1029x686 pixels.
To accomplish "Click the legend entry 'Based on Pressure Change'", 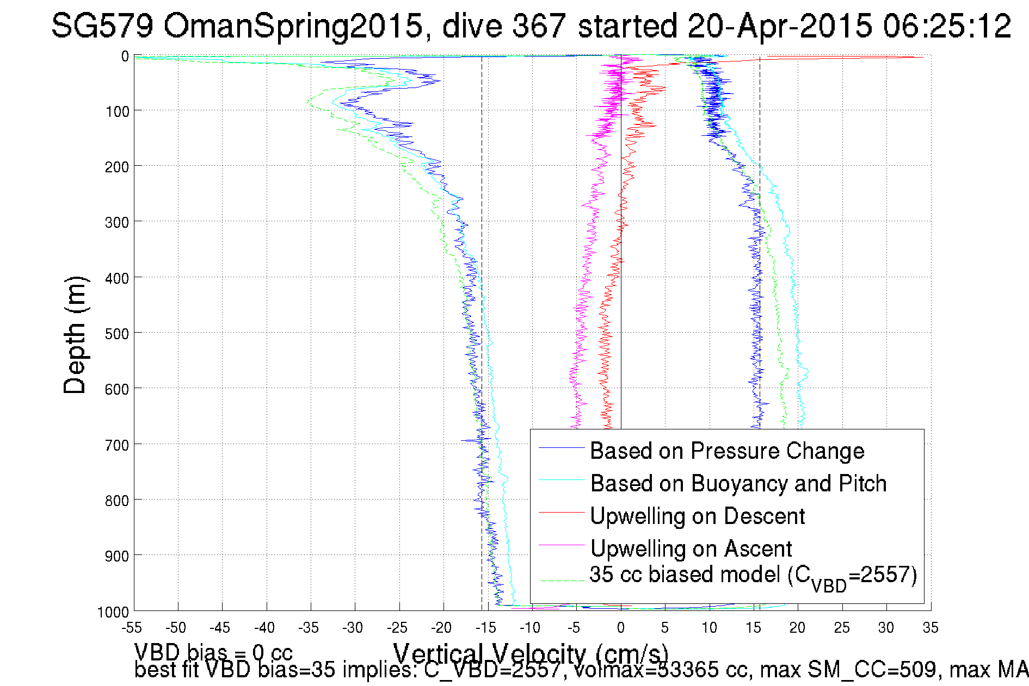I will pyautogui.click(x=727, y=451).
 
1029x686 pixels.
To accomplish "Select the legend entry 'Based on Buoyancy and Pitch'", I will pyautogui.click(x=738, y=483).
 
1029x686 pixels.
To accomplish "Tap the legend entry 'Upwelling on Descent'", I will pyautogui.click(x=698, y=516).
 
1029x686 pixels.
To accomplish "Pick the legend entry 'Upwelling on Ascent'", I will pyautogui.click(x=691, y=548).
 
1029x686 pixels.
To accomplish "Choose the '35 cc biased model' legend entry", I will pyautogui.click(x=753, y=576).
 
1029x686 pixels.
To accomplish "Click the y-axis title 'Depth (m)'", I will pyautogui.click(x=75, y=335).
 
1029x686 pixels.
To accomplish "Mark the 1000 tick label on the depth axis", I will pyautogui.click(x=113, y=612).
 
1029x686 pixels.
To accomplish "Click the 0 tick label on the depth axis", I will pyautogui.click(x=125, y=57).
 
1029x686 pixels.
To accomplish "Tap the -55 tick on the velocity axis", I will pyautogui.click(x=132, y=628).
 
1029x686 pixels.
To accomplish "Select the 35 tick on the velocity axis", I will pyautogui.click(x=931, y=628).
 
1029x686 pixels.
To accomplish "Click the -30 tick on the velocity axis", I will pyautogui.click(x=353, y=628).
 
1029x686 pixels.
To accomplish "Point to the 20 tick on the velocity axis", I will pyautogui.click(x=798, y=628).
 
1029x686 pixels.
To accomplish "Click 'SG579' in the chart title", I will pyautogui.click(x=102, y=26).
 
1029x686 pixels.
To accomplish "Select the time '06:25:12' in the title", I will pyautogui.click(x=947, y=26).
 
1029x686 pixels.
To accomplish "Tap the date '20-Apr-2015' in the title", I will pyautogui.click(x=779, y=26).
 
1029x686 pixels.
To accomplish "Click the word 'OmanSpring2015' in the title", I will pyautogui.click(x=293, y=26).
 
